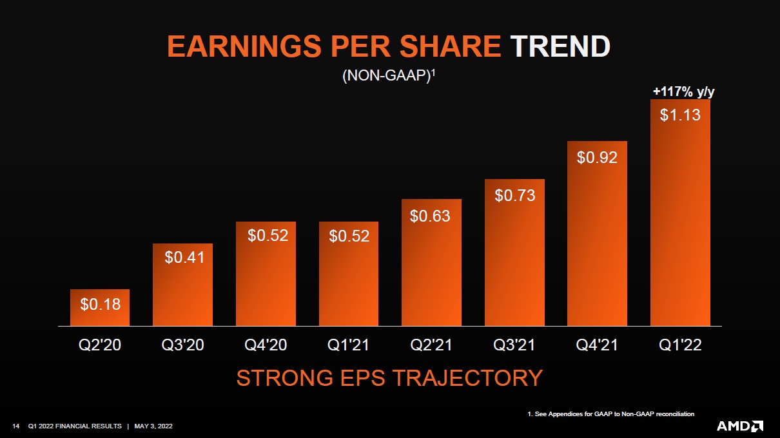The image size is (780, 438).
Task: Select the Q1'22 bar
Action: pyautogui.click(x=680, y=213)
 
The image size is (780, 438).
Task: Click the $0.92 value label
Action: pyautogui.click(x=597, y=157)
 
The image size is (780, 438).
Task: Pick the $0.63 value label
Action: pyautogui.click(x=430, y=216)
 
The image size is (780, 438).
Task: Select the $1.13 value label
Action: pyautogui.click(x=680, y=115)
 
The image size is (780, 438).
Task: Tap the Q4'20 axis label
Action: pyautogui.click(x=266, y=345)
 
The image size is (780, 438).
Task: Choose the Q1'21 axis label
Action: pyautogui.click(x=348, y=345)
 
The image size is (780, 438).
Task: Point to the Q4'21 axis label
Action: pyautogui.click(x=597, y=345)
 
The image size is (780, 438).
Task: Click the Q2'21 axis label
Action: pyautogui.click(x=431, y=345)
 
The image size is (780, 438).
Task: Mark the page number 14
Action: pyautogui.click(x=17, y=426)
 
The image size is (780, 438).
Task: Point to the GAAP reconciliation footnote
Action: pyautogui.click(x=610, y=414)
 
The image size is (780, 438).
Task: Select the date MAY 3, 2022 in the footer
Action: pyautogui.click(x=153, y=426)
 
